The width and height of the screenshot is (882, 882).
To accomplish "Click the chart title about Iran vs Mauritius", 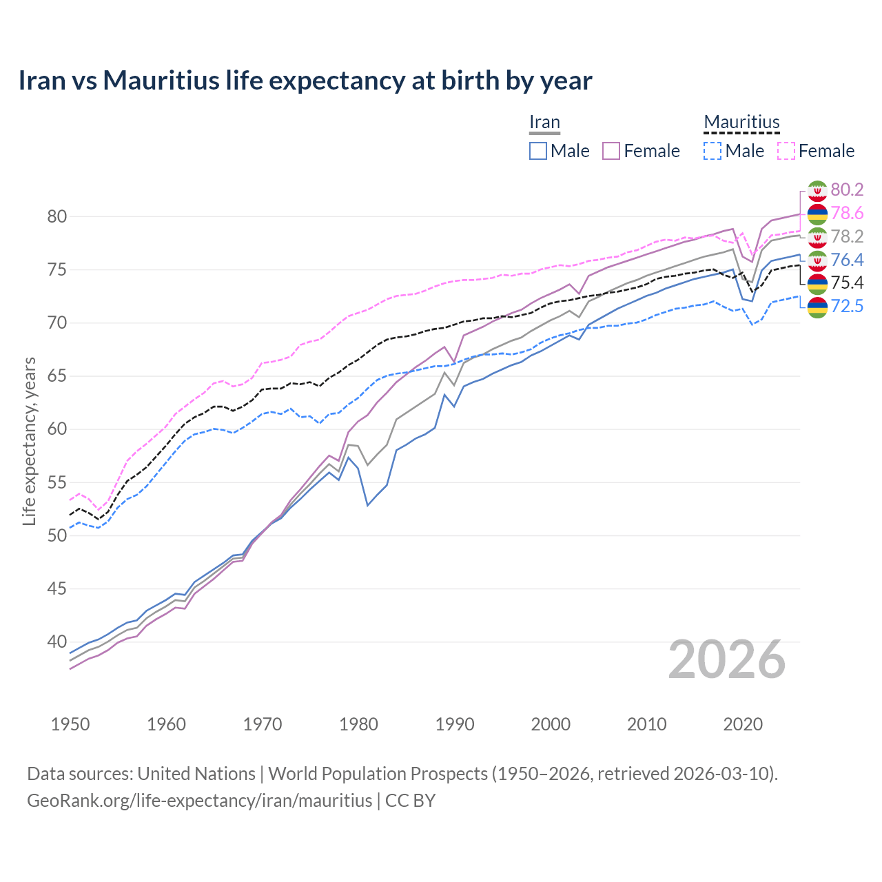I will (x=305, y=81).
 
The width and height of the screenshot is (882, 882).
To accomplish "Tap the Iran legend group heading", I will (x=544, y=123).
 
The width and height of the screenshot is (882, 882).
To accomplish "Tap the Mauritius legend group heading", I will (x=741, y=123).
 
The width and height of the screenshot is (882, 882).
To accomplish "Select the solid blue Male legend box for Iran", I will (x=538, y=151).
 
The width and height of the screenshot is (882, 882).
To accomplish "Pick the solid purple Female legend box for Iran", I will (x=611, y=151).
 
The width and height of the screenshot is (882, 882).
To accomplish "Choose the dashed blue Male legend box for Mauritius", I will (x=712, y=151).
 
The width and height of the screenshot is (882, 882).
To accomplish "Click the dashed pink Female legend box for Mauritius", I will (x=786, y=151).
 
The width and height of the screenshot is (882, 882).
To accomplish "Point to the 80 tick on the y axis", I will (x=57, y=216).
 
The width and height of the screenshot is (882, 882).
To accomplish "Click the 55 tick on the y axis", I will (x=57, y=482).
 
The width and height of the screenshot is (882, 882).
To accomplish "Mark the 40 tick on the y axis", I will (x=57, y=642).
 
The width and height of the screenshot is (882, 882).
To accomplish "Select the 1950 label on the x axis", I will (x=70, y=724).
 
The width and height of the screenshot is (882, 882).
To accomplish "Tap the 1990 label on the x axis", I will (x=455, y=724).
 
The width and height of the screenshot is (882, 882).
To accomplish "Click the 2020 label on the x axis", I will (x=743, y=724).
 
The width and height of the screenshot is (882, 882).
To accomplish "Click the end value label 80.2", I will (x=847, y=189).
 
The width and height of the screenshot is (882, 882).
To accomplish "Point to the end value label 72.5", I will (x=847, y=306).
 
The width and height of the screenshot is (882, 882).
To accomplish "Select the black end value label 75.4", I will (x=847, y=283).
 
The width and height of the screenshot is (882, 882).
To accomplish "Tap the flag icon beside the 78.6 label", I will (x=817, y=214).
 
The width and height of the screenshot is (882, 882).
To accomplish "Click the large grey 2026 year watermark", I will (x=726, y=660).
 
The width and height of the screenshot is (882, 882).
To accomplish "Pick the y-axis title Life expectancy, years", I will (x=29, y=441).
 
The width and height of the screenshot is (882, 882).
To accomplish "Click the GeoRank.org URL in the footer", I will (x=200, y=801).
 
